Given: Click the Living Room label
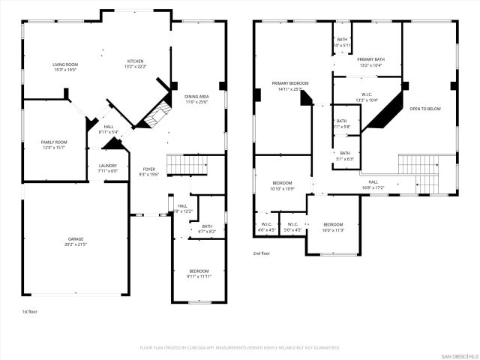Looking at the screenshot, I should point(65,64).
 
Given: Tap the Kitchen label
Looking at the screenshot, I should point(135,61).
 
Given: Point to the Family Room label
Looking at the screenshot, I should point(53,142).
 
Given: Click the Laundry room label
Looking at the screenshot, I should point(108,165).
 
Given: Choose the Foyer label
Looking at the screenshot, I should point(149,169).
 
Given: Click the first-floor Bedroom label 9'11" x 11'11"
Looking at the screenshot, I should point(199,271).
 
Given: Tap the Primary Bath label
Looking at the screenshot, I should point(370,59).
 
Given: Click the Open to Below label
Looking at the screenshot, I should point(424,109).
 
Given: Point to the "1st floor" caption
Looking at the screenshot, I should point(30,310).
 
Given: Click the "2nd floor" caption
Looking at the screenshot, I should point(262,253).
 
